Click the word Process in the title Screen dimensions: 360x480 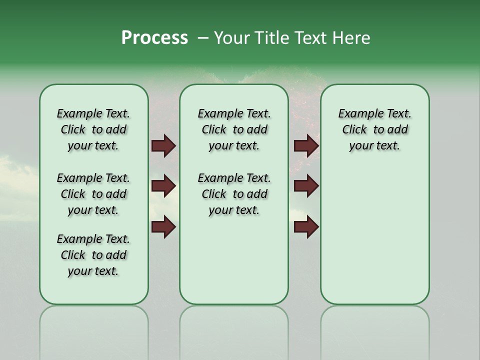(x=154, y=38)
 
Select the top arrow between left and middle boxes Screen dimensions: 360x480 (x=163, y=146)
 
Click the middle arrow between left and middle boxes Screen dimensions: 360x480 (x=163, y=186)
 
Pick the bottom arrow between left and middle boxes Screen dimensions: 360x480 (x=163, y=227)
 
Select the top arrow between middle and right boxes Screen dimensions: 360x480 (x=306, y=146)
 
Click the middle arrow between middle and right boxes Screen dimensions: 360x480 (x=306, y=186)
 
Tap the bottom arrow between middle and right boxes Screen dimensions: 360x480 (x=306, y=227)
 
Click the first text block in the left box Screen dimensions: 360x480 (x=93, y=129)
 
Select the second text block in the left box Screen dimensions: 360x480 (x=93, y=194)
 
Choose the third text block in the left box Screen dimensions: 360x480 (x=93, y=255)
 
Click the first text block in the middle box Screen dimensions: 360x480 (x=234, y=129)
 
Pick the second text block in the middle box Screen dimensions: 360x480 (x=234, y=194)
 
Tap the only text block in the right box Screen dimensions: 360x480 (x=374, y=129)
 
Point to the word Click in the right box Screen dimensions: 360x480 (x=354, y=130)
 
